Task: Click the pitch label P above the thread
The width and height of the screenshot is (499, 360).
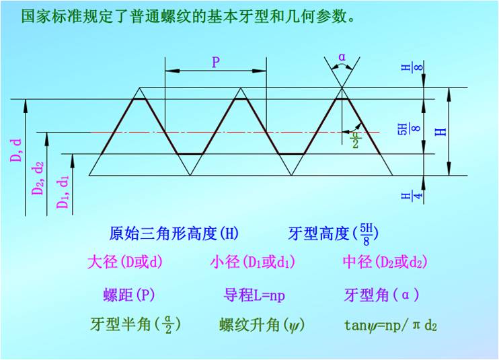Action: tap(216, 63)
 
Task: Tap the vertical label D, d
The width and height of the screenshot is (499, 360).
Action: tap(17, 149)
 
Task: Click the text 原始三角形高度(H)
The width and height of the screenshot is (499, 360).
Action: tap(174, 234)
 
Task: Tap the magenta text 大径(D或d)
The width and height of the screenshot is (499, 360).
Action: tap(125, 262)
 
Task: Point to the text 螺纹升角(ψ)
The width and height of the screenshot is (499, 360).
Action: tap(262, 326)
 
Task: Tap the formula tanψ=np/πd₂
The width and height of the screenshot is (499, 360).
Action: tap(390, 326)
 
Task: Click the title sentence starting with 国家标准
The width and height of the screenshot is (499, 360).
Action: tap(188, 16)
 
